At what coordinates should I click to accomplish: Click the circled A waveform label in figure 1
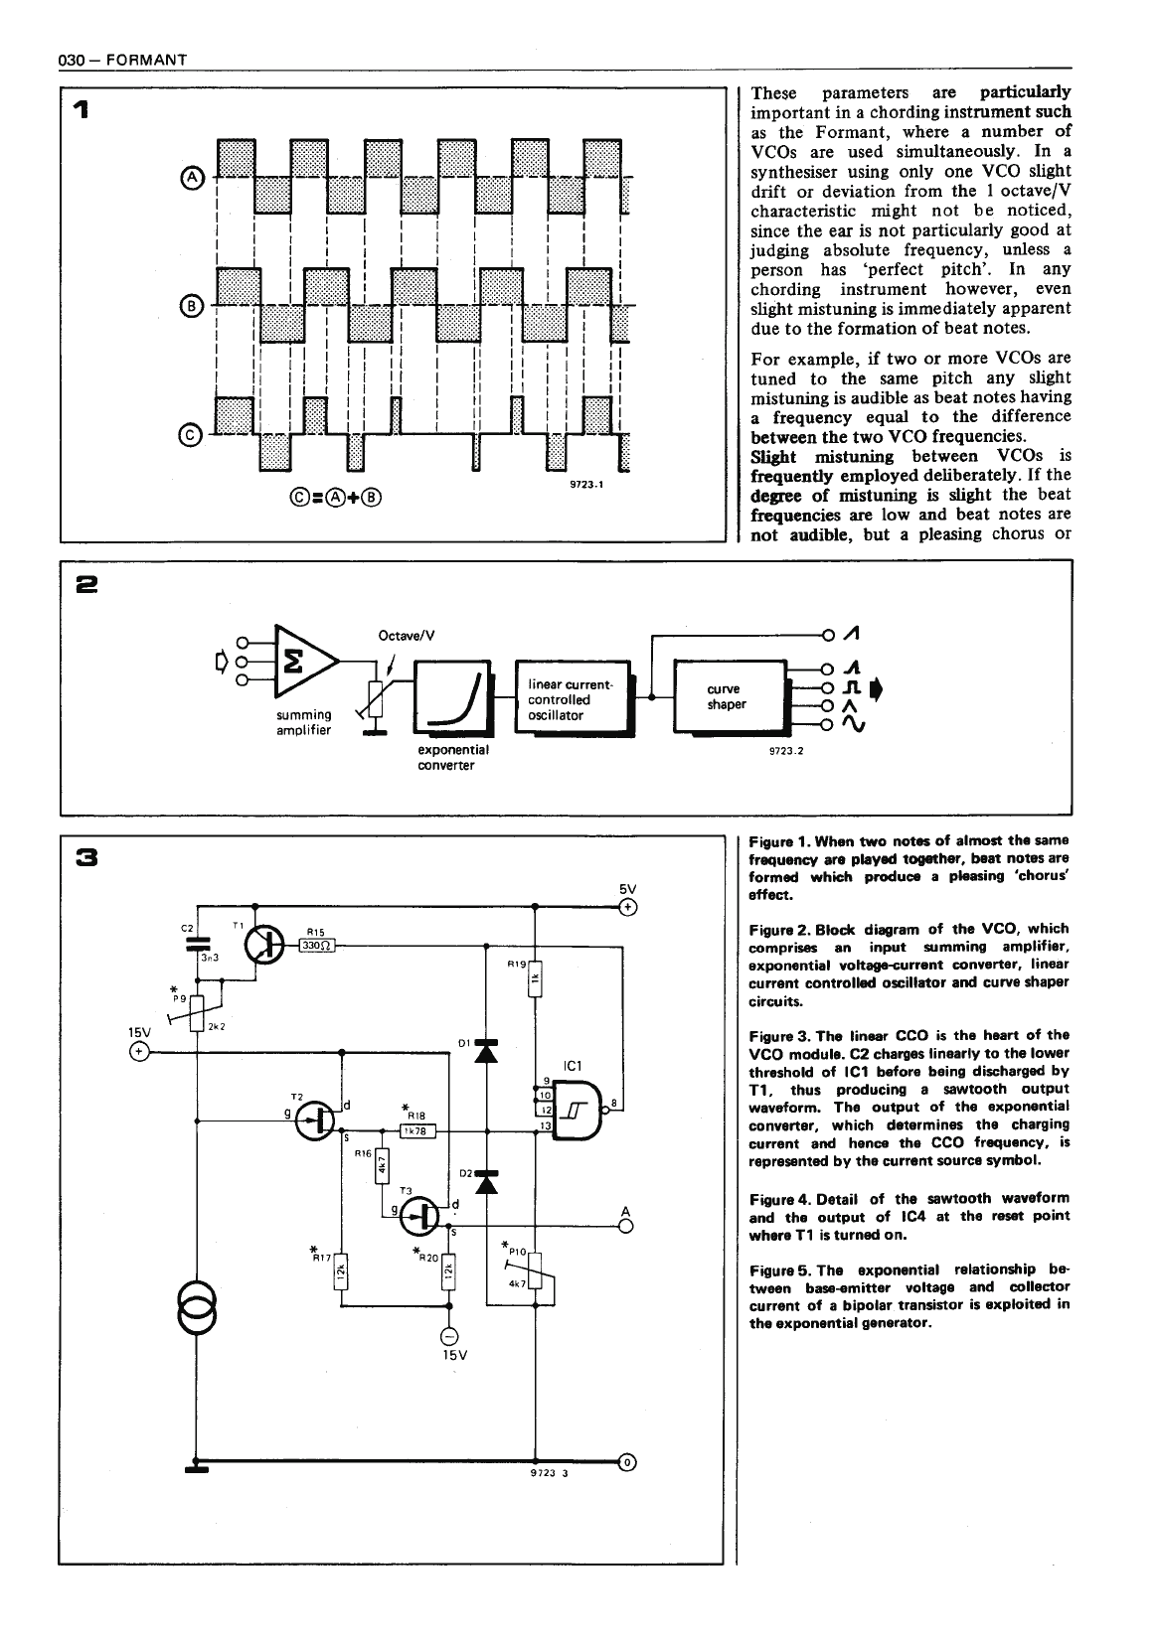pyautogui.click(x=193, y=178)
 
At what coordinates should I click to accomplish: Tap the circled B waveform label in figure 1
pyautogui.click(x=193, y=305)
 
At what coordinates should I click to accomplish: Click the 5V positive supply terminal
pyautogui.click(x=628, y=907)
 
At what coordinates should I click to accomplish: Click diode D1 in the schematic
pyautogui.click(x=486, y=1050)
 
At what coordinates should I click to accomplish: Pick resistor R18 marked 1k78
pyautogui.click(x=414, y=1129)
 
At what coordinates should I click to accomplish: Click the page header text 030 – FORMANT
pyautogui.click(x=123, y=62)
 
